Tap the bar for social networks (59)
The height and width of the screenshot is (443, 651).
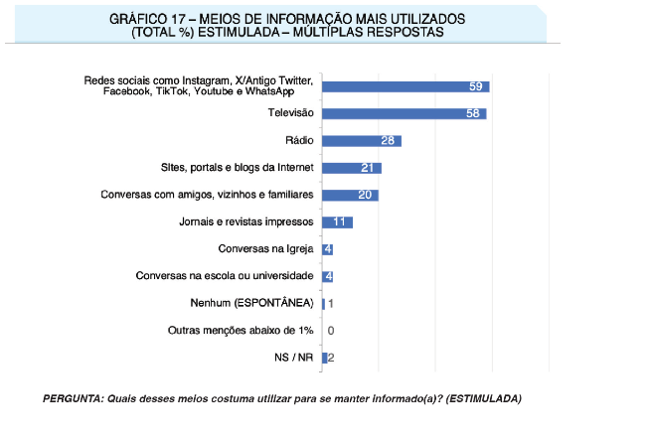pos(405,86)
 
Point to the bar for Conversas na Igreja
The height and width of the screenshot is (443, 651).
pos(327,249)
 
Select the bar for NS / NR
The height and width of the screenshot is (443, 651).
pos(324,358)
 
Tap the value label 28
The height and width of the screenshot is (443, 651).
pos(389,141)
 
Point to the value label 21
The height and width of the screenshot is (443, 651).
pos(368,168)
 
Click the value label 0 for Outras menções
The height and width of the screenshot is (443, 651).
pos(330,331)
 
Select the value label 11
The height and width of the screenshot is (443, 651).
pos(340,221)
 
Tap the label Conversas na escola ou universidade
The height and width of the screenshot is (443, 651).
pos(225,276)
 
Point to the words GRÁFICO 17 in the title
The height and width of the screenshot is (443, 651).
pos(151,19)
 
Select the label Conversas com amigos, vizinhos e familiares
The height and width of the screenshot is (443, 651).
pos(207,195)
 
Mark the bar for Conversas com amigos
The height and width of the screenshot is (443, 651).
pos(349,195)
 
